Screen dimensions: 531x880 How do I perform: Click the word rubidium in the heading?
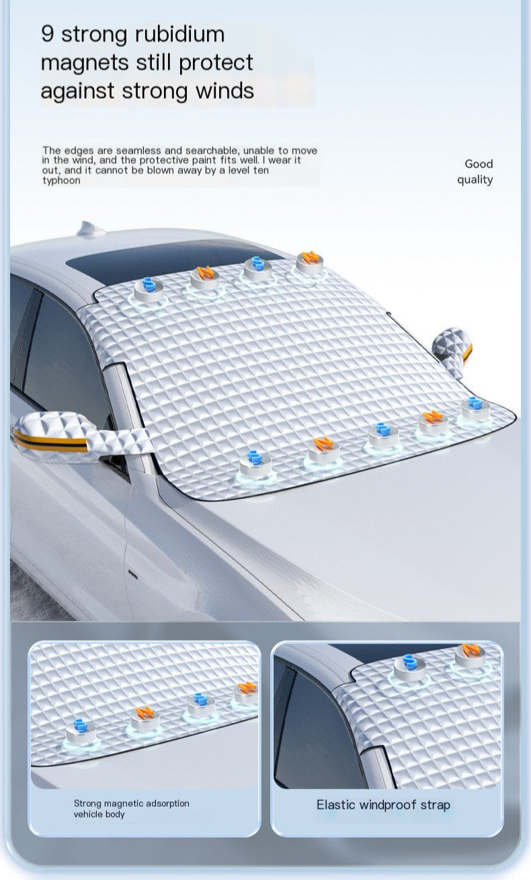(180, 34)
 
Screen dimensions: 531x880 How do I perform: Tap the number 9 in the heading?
(47, 34)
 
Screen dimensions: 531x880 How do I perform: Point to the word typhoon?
(61, 181)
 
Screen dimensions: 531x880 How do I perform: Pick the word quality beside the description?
(475, 180)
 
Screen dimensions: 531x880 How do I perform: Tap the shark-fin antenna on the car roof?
(90, 229)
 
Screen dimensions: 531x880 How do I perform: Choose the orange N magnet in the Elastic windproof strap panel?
(470, 655)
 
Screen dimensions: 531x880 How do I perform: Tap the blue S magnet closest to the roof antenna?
(149, 289)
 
